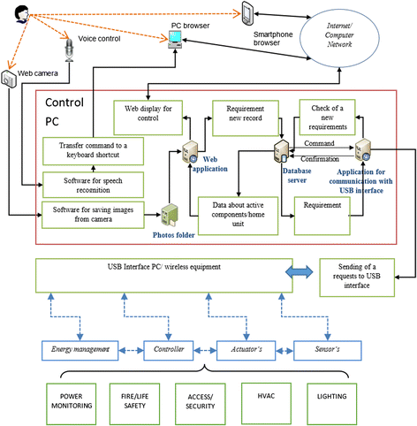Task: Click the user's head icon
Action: coord(22,15)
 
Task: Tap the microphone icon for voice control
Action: coord(69,50)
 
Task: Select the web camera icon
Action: coord(9,79)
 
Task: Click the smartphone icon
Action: coord(246,13)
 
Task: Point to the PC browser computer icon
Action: coord(175,40)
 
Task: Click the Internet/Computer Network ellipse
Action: coord(339,37)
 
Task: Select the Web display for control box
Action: coord(148,118)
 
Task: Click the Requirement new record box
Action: coord(246,118)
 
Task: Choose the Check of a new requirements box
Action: coord(327,118)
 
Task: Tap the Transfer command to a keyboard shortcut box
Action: coord(93,151)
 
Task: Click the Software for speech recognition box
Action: coord(93,185)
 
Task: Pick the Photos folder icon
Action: coord(169,215)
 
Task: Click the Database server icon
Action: coord(282,152)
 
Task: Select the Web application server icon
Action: coord(190,152)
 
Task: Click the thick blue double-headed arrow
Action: coord(299,271)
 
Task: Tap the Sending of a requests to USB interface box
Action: coord(357,278)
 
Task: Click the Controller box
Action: coord(169,351)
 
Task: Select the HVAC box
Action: coord(266,404)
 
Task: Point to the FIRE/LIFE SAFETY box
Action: coord(134,404)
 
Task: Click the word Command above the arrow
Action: coord(319,143)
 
